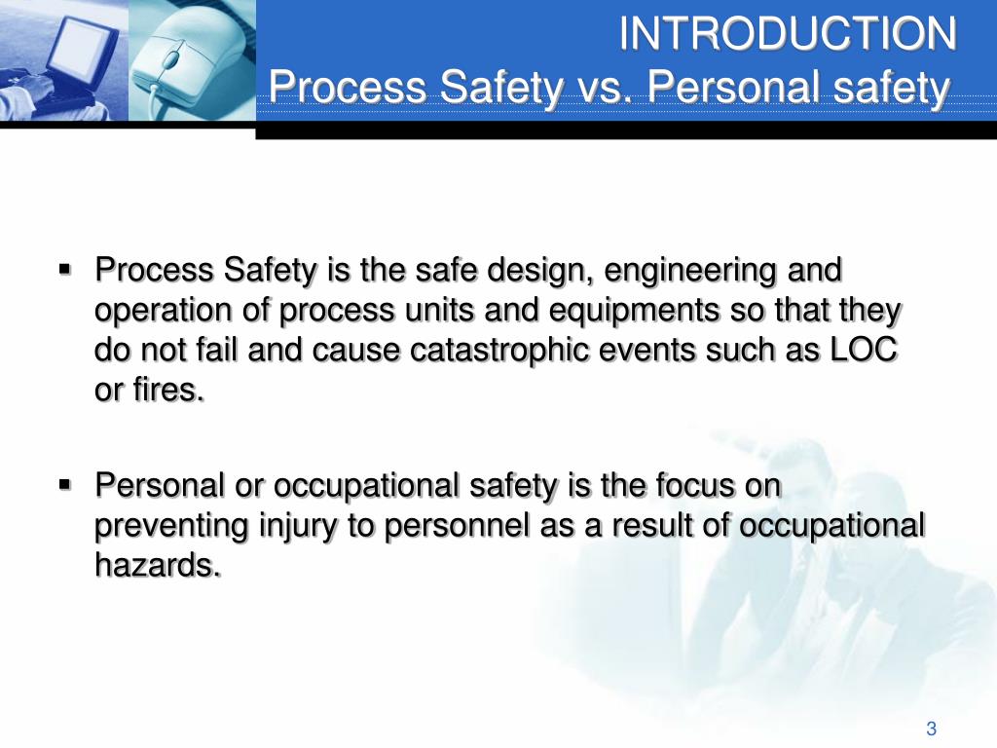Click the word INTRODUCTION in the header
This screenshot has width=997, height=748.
[789, 35]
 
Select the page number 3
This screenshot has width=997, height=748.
[931, 729]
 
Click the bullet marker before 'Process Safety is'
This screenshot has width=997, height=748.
[66, 268]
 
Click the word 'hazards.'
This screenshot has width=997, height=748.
[157, 566]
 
